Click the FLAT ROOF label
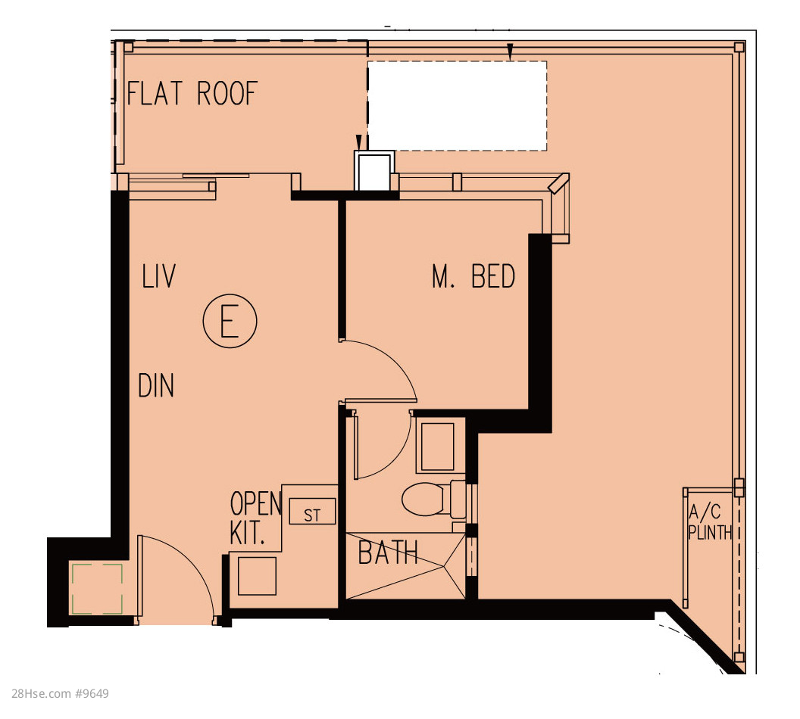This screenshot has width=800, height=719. [x=192, y=93]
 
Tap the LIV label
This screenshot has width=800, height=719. [x=158, y=276]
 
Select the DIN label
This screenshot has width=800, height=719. [x=156, y=385]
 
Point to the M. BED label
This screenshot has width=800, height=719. [x=473, y=276]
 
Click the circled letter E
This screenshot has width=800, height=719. [x=230, y=321]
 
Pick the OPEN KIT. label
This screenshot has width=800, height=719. [x=255, y=518]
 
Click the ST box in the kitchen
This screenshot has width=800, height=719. [x=312, y=511]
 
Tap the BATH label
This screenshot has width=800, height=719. [x=388, y=553]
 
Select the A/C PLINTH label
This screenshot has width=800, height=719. [x=710, y=522]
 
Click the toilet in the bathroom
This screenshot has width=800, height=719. [x=433, y=498]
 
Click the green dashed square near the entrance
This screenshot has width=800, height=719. [x=97, y=589]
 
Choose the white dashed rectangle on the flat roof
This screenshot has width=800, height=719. [x=457, y=106]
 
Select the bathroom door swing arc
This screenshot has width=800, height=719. [x=395, y=459]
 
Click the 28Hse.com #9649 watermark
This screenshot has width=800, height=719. [x=60, y=693]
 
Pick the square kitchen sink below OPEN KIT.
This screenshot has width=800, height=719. [x=257, y=576]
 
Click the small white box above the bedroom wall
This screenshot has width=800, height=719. [x=374, y=171]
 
